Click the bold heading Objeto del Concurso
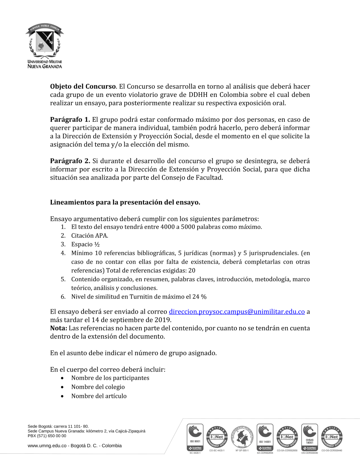(x=83, y=86)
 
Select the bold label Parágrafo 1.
(x=70, y=120)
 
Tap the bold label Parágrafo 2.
(x=70, y=161)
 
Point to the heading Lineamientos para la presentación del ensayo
(x=125, y=202)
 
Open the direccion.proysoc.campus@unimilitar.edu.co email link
(x=237, y=312)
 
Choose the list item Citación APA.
(x=90, y=236)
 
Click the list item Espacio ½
(x=85, y=244)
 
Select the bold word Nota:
(x=59, y=328)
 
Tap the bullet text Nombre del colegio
(x=98, y=387)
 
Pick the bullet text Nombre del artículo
(x=99, y=396)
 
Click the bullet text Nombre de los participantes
(x=110, y=378)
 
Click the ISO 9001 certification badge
(x=195, y=437)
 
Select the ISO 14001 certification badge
(x=265, y=437)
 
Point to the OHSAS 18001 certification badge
(x=310, y=437)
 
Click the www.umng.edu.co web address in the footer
(x=47, y=446)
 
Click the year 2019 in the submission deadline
(x=163, y=320)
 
